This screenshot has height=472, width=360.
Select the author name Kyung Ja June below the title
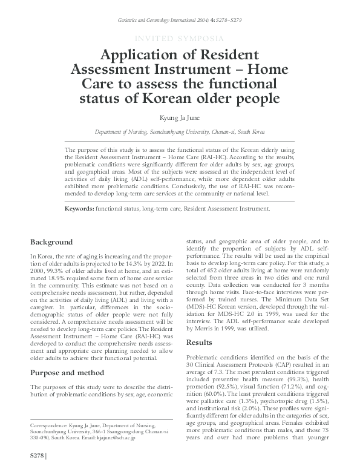[x=180, y=117]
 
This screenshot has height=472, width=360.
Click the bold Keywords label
[x=79, y=208]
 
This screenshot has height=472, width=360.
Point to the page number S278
[x=36, y=454]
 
